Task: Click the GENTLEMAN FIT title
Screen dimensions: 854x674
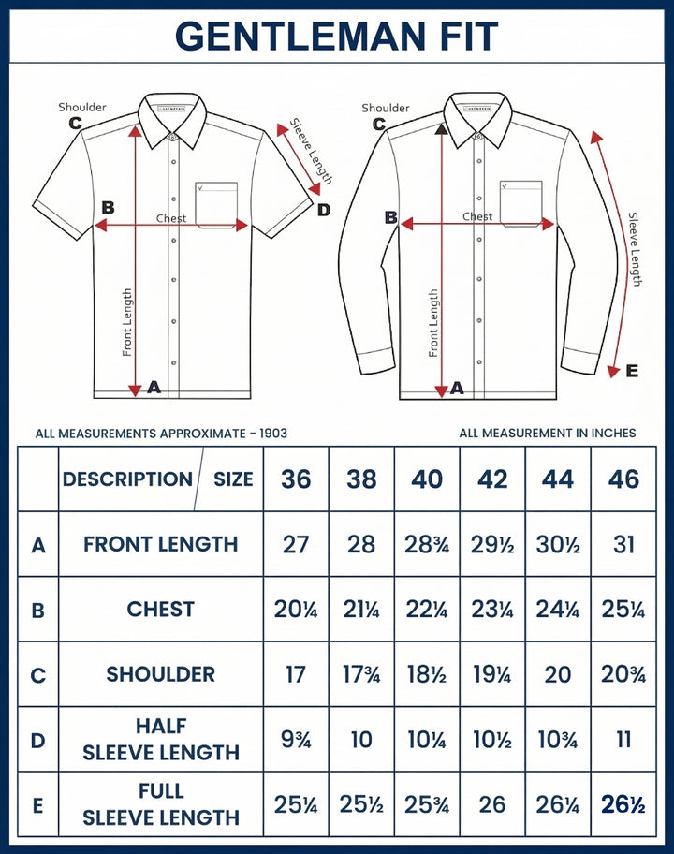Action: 336,37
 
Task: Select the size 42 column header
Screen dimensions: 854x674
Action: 492,479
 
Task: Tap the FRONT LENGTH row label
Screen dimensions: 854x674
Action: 160,544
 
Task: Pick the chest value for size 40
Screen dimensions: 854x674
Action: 427,610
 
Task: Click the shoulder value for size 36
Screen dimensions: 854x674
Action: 296,674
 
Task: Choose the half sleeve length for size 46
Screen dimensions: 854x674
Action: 623,740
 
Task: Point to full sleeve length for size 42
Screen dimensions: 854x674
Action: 492,804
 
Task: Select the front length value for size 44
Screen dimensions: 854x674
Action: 558,544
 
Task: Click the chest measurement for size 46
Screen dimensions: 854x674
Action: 623,610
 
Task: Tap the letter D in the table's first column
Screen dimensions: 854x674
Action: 38,741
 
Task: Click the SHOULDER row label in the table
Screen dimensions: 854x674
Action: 160,674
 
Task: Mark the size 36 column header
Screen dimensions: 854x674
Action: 296,479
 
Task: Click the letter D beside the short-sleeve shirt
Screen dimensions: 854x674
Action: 324,210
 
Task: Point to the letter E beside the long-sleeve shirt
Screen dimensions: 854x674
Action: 632,372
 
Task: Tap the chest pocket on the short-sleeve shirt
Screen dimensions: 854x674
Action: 216,204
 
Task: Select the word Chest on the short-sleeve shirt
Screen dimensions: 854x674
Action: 171,218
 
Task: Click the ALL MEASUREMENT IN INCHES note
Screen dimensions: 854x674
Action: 548,433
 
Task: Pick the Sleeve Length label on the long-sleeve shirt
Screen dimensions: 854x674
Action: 635,248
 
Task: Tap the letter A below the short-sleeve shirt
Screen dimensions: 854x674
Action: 154,387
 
